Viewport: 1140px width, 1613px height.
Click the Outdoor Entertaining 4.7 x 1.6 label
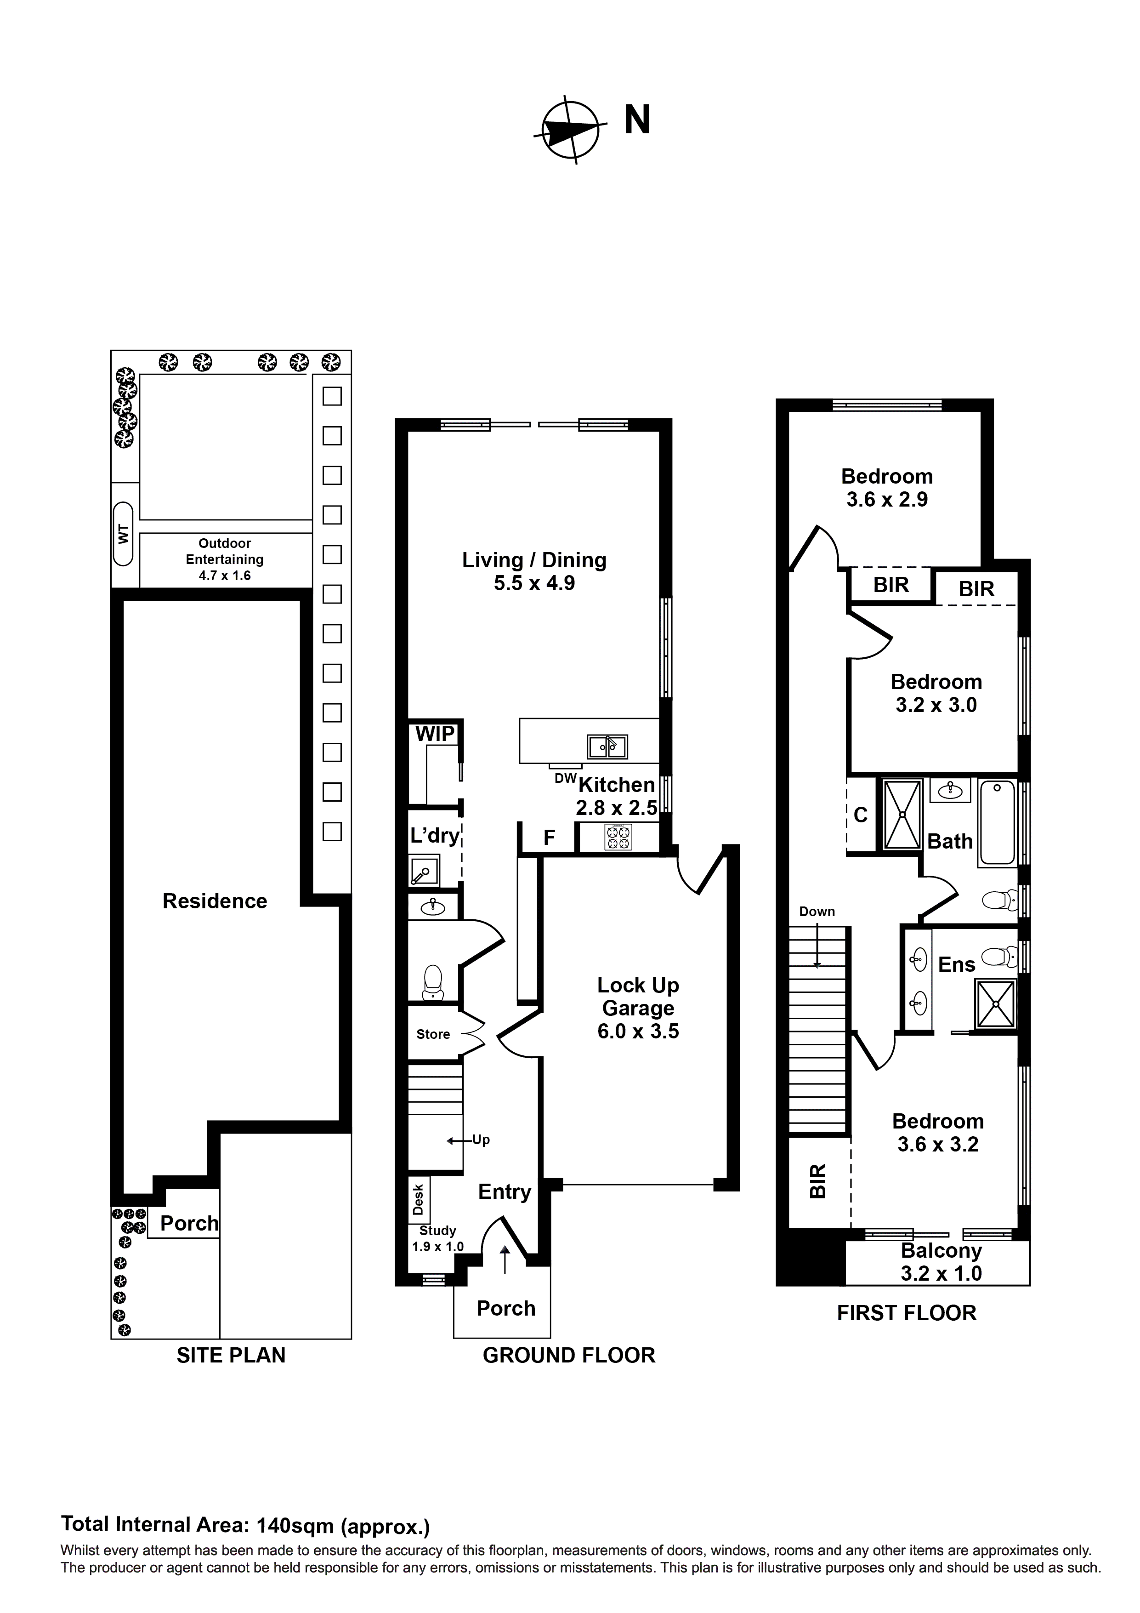click(225, 559)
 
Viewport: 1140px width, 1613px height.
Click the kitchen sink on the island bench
click(607, 747)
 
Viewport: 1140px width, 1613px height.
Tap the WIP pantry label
click(435, 734)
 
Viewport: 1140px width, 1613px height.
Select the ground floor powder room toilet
click(433, 981)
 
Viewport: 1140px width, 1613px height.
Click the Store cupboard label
click(433, 1034)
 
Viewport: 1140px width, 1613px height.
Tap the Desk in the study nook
click(419, 1200)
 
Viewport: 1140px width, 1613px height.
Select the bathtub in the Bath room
click(997, 822)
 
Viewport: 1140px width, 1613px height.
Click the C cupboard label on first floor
click(861, 815)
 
